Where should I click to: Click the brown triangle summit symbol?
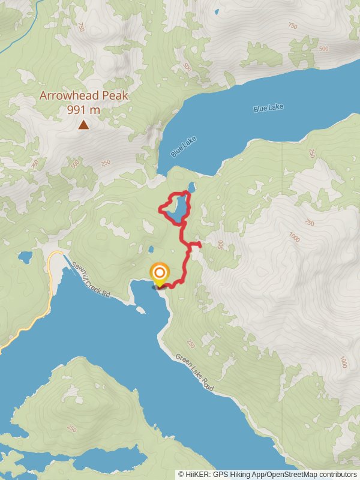83,125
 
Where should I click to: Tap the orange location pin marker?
160,275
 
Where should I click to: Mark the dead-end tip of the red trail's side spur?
200,244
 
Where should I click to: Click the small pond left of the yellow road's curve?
25,257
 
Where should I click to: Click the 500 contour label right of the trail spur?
220,245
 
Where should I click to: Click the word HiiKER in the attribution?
196,474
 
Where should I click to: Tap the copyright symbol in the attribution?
181,474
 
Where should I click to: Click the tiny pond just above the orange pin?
152,250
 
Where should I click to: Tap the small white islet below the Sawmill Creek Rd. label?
140,310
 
